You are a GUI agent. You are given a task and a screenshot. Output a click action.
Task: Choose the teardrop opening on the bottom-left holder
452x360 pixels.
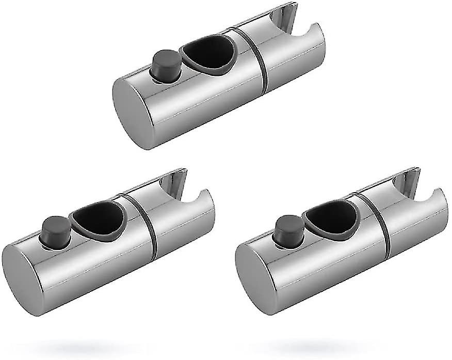(x=99, y=219)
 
